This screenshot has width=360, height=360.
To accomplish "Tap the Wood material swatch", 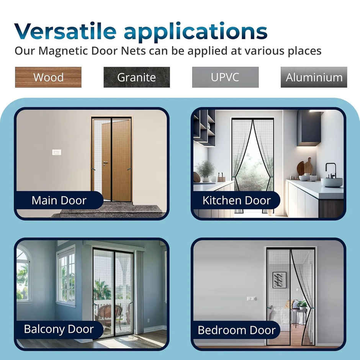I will tap(48, 77).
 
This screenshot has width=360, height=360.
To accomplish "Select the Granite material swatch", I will tap(137, 77).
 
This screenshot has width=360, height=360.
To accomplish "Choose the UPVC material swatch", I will tap(225, 77).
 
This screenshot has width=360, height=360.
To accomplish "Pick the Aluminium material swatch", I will tap(314, 77).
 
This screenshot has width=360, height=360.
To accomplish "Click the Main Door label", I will tap(59, 200).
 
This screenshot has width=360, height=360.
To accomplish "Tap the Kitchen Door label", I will tap(236, 200).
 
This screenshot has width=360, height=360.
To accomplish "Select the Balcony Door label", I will tap(59, 329).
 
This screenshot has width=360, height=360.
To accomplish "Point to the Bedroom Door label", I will tap(236, 330).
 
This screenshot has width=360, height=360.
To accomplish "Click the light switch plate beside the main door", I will tap(57, 152).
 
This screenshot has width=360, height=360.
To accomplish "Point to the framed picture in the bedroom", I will tap(279, 280).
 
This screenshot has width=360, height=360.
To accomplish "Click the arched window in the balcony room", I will tap(23, 274).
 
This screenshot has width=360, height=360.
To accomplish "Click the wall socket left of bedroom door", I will tap(251, 298).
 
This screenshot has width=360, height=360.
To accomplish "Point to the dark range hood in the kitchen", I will tap(309, 128).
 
